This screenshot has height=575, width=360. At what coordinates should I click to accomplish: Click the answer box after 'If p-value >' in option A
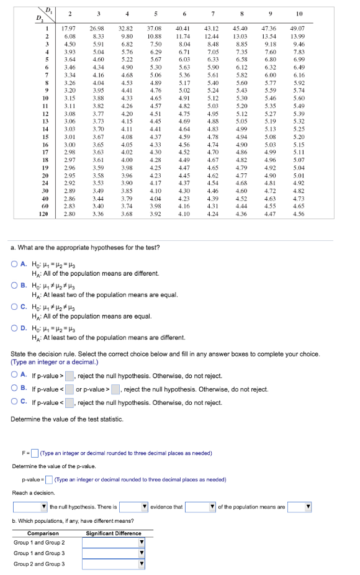(70, 375)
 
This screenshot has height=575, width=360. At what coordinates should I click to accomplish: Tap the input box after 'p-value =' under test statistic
(49, 480)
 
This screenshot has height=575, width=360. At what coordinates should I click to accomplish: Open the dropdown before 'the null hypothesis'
(30, 507)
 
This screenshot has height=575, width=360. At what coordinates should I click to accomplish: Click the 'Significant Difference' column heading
(114, 533)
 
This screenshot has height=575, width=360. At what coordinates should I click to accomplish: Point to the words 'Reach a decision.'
(33, 493)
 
